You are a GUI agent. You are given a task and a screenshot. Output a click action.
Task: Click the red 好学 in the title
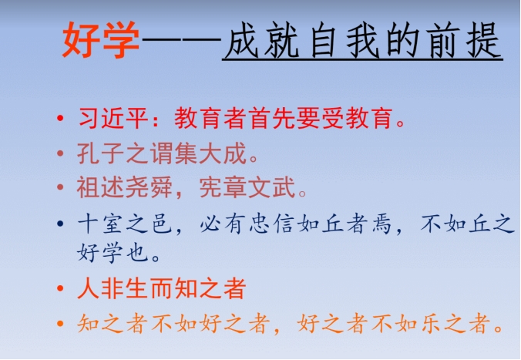101,39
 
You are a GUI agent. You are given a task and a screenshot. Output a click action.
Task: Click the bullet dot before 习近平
60,119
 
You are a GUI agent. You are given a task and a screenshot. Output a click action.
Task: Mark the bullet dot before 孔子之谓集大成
60,153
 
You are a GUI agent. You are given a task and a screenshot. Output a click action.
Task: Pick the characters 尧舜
149,187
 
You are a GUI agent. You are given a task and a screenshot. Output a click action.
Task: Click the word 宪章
223,187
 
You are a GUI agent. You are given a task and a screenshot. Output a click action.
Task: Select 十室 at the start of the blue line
101,224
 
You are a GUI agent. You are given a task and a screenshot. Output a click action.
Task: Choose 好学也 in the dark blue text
113,253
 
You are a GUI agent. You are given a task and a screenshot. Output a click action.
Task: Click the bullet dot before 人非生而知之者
60,288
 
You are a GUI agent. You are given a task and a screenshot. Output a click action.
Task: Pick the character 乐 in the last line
431,323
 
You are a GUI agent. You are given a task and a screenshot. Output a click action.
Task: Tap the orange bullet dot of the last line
60,323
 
